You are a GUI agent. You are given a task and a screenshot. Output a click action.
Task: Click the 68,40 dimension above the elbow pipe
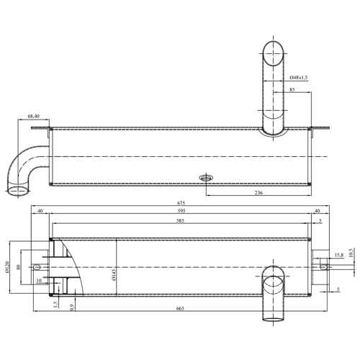point(34,116)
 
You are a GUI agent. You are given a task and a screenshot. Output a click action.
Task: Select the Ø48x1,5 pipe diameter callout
point(299,78)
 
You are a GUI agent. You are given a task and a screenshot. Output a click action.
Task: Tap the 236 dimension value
point(258,192)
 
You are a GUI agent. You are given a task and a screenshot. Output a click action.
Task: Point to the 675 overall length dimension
point(181,203)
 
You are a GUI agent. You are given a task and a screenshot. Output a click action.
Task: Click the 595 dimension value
point(181,211)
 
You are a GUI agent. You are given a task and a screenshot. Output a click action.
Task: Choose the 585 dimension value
point(180,221)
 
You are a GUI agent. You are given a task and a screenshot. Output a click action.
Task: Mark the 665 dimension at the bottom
point(180,309)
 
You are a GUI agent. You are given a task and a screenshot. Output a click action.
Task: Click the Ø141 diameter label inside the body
point(114,275)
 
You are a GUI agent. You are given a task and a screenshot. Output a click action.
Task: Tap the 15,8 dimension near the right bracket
point(339,256)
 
